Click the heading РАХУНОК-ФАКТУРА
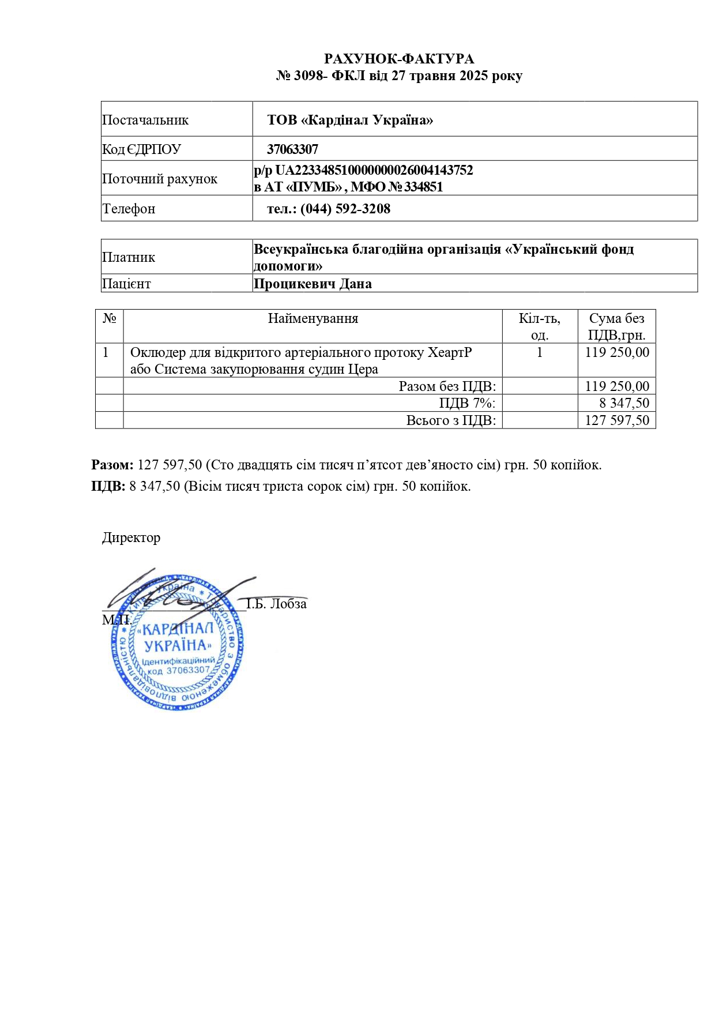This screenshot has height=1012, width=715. [399, 59]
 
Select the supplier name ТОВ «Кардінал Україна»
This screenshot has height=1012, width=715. [350, 120]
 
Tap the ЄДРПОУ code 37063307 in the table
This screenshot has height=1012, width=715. [292, 149]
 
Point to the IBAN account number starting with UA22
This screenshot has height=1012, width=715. [374, 170]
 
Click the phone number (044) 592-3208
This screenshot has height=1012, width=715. [345, 209]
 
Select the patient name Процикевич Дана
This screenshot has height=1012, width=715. [313, 284]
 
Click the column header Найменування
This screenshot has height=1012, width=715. [313, 318]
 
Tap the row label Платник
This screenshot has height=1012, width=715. [129, 257]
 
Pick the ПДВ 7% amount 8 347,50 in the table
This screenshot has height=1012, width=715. [624, 403]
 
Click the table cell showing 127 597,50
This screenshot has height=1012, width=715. [617, 420]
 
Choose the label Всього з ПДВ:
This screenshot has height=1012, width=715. [451, 420]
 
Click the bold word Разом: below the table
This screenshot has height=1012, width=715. [112, 465]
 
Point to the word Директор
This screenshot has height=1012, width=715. [131, 537]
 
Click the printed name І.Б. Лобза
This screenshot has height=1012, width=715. [277, 604]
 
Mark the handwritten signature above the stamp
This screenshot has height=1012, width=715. [173, 591]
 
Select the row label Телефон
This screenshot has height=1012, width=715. [129, 209]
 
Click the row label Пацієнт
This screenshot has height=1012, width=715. [126, 284]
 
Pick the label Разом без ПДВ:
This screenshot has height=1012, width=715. [447, 386]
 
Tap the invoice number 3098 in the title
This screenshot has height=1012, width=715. [310, 76]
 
